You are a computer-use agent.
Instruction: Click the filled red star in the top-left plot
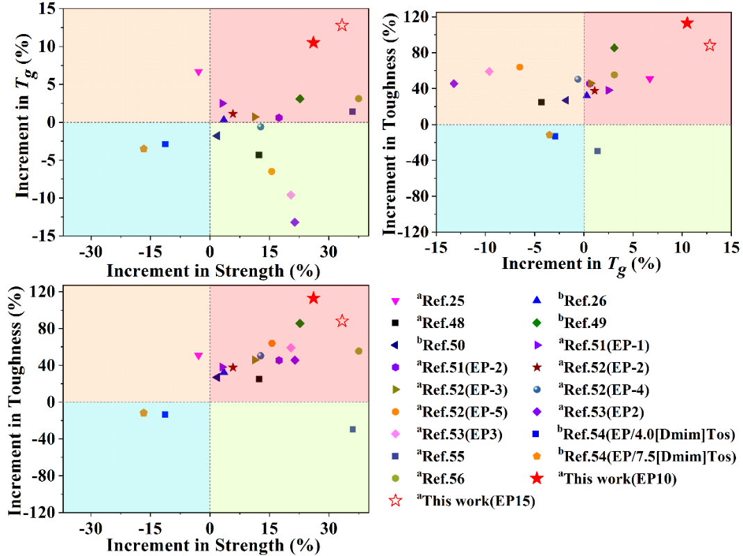313,42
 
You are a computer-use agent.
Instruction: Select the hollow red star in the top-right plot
710,45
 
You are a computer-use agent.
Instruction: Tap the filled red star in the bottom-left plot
313,298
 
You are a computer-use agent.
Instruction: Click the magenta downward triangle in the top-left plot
199,72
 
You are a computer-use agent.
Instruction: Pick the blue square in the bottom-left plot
165,414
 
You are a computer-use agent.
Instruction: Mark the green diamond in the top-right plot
614,48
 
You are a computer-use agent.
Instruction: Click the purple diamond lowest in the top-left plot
294,222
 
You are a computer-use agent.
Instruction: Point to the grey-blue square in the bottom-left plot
353,430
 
